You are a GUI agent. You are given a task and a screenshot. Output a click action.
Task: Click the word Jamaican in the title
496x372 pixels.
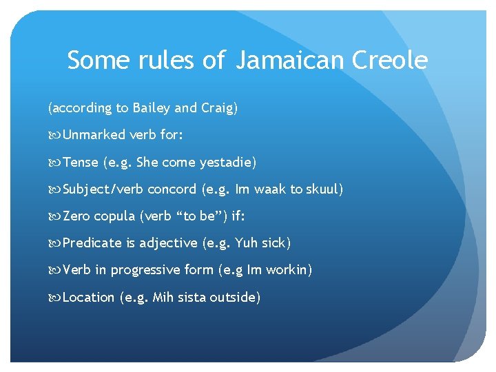click(290, 61)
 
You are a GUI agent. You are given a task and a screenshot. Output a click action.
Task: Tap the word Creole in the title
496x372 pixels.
click(389, 61)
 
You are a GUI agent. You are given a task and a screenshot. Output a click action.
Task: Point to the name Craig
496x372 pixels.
click(217, 108)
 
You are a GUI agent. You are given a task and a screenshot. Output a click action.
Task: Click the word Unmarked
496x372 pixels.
click(93, 135)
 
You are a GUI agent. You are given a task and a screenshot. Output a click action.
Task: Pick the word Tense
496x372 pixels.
click(80, 163)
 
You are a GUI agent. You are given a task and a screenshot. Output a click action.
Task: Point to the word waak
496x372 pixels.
click(270, 189)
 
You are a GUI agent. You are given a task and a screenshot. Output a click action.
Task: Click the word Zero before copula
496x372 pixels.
click(76, 216)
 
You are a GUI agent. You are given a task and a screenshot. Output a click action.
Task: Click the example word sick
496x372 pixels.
click(275, 243)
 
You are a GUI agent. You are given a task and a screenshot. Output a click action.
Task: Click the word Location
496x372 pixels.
click(89, 298)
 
